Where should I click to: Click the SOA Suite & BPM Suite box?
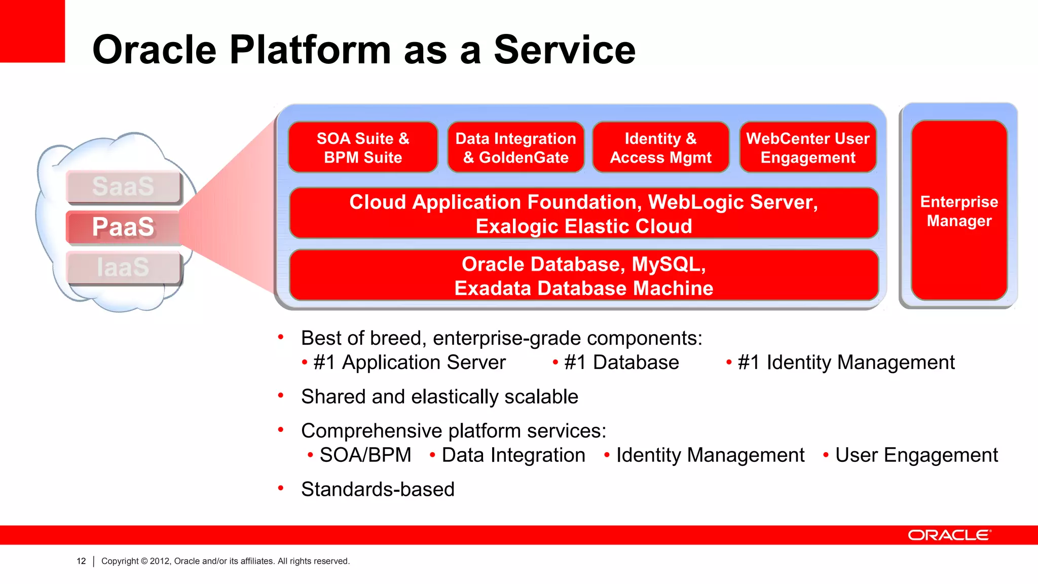click(x=363, y=148)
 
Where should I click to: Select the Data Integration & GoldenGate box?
click(x=515, y=148)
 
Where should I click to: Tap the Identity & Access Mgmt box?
click(x=660, y=148)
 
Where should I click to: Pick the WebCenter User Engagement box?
click(x=808, y=148)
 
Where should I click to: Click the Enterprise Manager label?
click(x=959, y=211)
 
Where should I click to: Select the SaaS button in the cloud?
click(x=123, y=187)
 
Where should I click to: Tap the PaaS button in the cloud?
click(x=123, y=227)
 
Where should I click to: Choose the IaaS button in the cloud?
click(x=123, y=267)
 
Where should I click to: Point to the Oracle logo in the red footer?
click(x=949, y=535)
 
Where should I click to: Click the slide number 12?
click(x=81, y=561)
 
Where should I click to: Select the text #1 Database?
click(x=621, y=362)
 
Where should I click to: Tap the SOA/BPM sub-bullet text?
click(x=365, y=455)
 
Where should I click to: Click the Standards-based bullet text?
click(x=378, y=489)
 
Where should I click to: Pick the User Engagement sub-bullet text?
click(x=916, y=455)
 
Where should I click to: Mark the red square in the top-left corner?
click(x=32, y=31)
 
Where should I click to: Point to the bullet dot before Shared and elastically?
click(x=281, y=395)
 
